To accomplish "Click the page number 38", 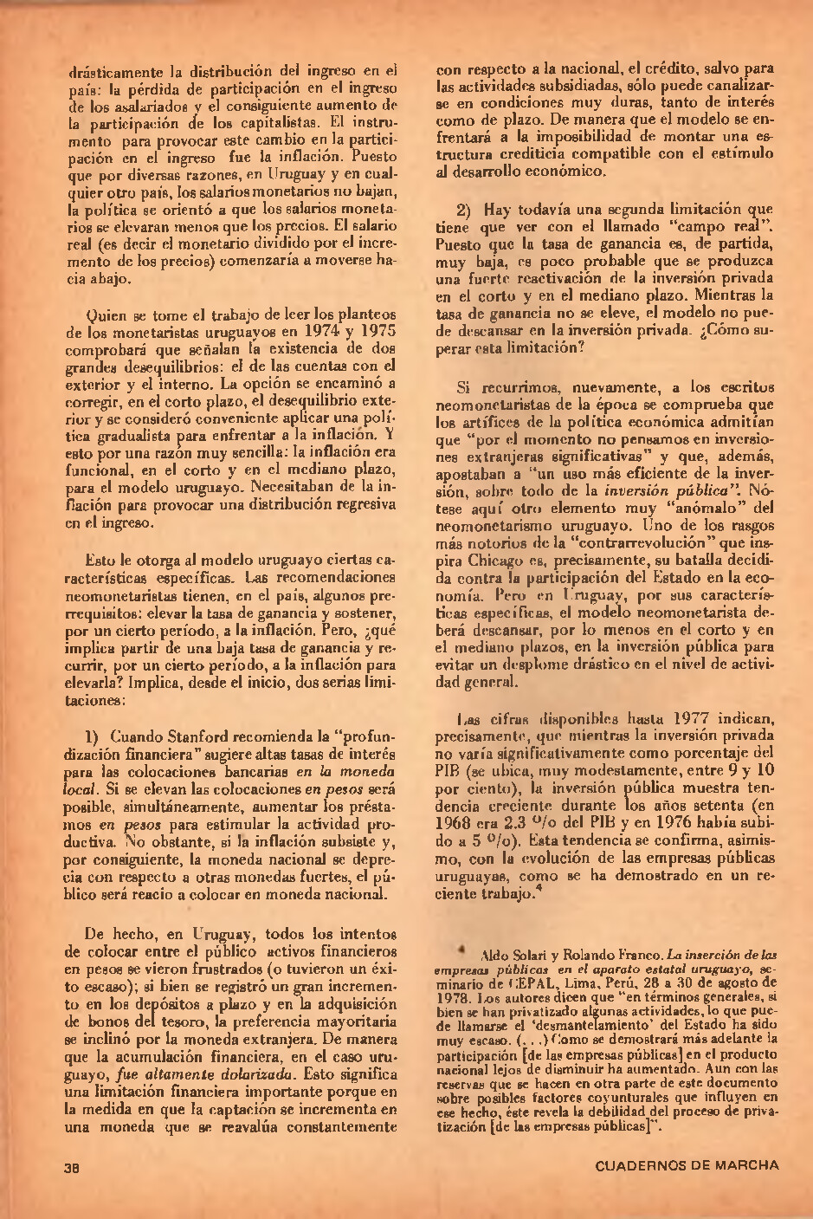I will tap(72, 1165).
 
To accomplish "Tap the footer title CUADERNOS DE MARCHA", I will tap(687, 1165).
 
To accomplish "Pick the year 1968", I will tap(456, 823).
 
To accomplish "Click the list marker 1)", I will tap(93, 736).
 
